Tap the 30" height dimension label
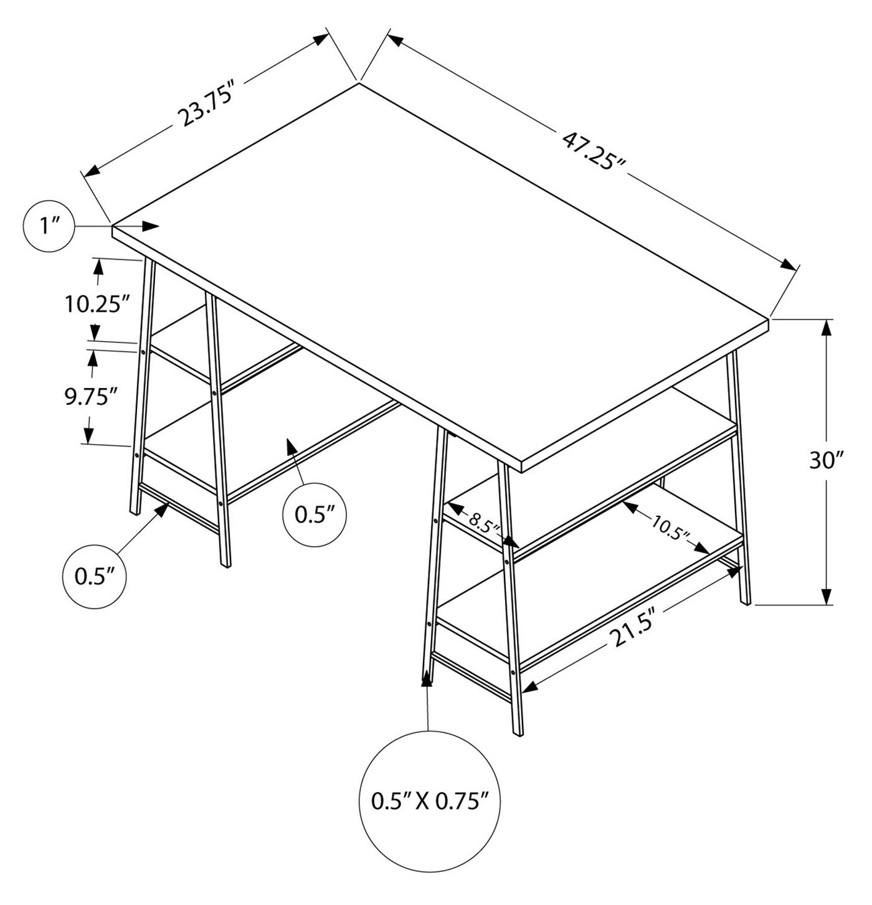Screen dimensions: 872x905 [827, 460]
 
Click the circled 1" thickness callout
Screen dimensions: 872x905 [49, 227]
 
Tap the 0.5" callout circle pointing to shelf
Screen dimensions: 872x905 [314, 515]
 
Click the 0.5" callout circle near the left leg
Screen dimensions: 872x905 [95, 577]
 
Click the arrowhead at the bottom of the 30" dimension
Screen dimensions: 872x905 [826, 597]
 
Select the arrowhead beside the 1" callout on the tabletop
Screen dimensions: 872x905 [150, 226]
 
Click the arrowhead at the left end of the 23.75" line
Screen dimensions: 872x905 [92, 170]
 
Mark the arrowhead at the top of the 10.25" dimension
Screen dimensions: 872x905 [98, 267]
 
